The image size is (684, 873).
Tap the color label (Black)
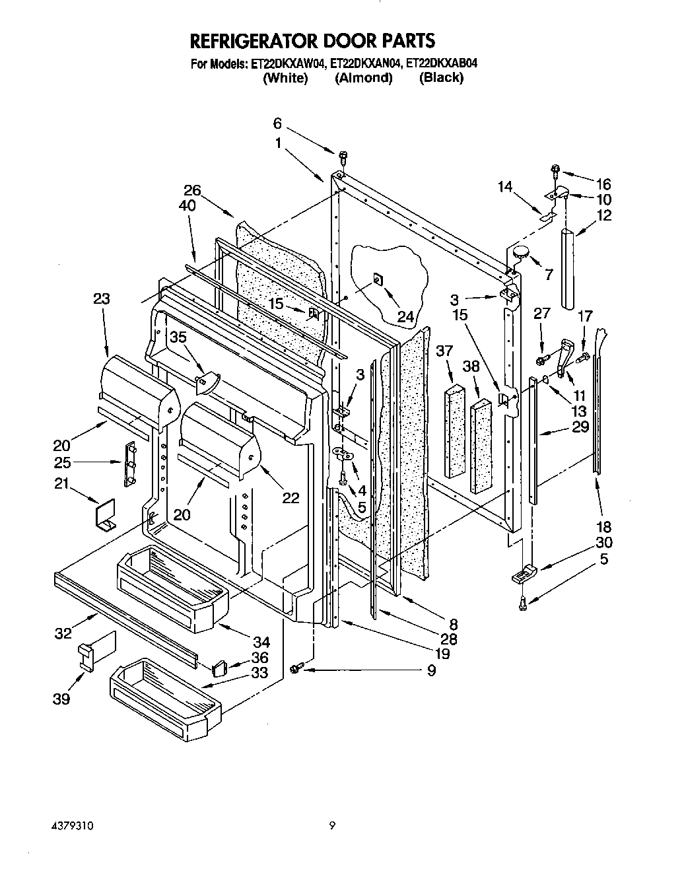point(441,78)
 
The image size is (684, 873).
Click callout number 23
point(102,298)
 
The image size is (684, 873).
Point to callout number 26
point(192,192)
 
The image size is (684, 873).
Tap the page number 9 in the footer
point(333,825)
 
